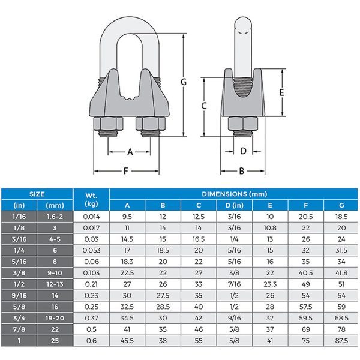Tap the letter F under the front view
click(x=126, y=171)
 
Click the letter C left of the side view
click(x=205, y=106)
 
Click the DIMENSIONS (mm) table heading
click(x=234, y=194)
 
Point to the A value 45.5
click(x=127, y=341)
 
